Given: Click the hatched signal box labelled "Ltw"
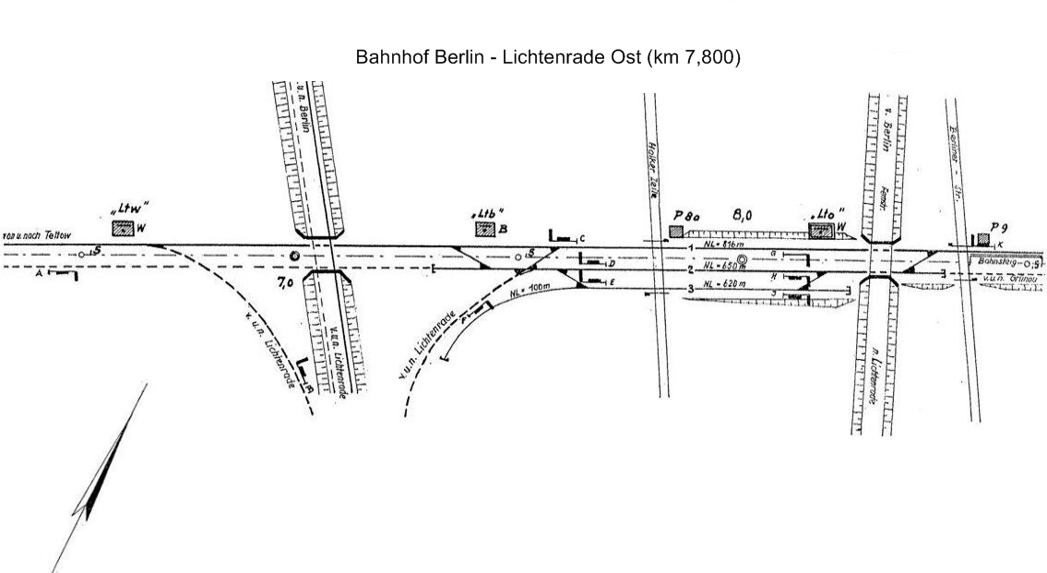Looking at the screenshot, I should coord(122,228).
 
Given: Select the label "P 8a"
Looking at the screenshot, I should coord(689,216).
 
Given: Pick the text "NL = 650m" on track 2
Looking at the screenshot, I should coord(723,268).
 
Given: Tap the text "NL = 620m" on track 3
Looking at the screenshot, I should coord(723,285).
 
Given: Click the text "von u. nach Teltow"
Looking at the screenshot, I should coord(36,237).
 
